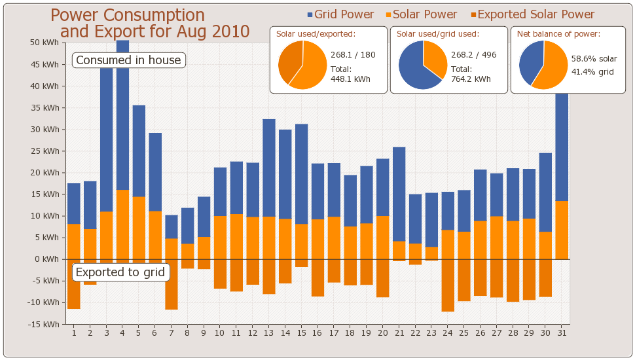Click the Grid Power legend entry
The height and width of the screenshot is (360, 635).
coord(340,14)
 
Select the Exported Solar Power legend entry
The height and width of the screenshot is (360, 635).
coord(532,14)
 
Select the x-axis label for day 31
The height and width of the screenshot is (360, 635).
coord(561,333)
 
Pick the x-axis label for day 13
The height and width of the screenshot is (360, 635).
coord(268,333)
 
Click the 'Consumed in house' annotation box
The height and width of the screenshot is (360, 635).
coord(128,60)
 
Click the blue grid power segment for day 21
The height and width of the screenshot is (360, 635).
coord(399,194)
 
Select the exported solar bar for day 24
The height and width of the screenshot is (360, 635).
coord(448,285)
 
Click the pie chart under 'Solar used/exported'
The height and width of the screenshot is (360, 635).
coord(302,65)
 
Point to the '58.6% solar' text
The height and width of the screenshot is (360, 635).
coord(594,59)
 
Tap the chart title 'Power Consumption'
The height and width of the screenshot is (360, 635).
coord(128,16)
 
